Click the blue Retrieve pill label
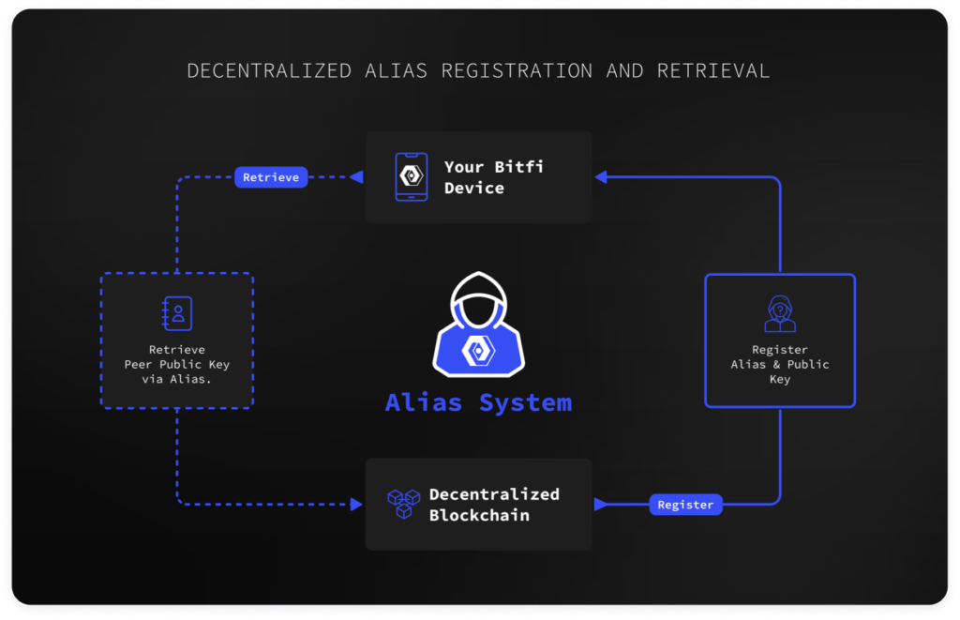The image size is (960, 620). pyautogui.click(x=271, y=177)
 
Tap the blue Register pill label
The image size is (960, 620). pyautogui.click(x=685, y=505)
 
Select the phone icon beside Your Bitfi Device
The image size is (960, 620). pyautogui.click(x=412, y=177)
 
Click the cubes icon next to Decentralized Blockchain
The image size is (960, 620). pyautogui.click(x=403, y=504)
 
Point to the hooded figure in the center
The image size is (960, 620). pyautogui.click(x=478, y=324)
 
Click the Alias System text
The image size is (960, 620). pyautogui.click(x=478, y=402)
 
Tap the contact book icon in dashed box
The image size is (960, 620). pyautogui.click(x=177, y=313)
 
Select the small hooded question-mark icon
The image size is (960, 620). pyautogui.click(x=780, y=313)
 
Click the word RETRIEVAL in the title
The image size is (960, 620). pyautogui.click(x=713, y=71)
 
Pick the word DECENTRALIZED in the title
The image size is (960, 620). pyautogui.click(x=269, y=71)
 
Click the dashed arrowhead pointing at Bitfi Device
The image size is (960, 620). pyautogui.click(x=356, y=177)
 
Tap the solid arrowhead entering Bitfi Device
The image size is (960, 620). pyautogui.click(x=601, y=177)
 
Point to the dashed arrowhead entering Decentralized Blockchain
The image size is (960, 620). pyautogui.click(x=356, y=505)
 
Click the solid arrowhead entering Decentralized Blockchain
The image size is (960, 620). pyautogui.click(x=601, y=505)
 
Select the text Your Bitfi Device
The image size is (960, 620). pyautogui.click(x=493, y=177)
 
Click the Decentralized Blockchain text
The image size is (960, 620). pyautogui.click(x=494, y=505)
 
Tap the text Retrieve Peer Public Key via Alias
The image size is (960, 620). pyautogui.click(x=177, y=365)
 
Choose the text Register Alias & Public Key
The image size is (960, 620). pyautogui.click(x=780, y=365)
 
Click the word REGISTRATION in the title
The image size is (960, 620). pyautogui.click(x=517, y=71)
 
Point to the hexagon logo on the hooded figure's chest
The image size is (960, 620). pyautogui.click(x=478, y=351)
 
